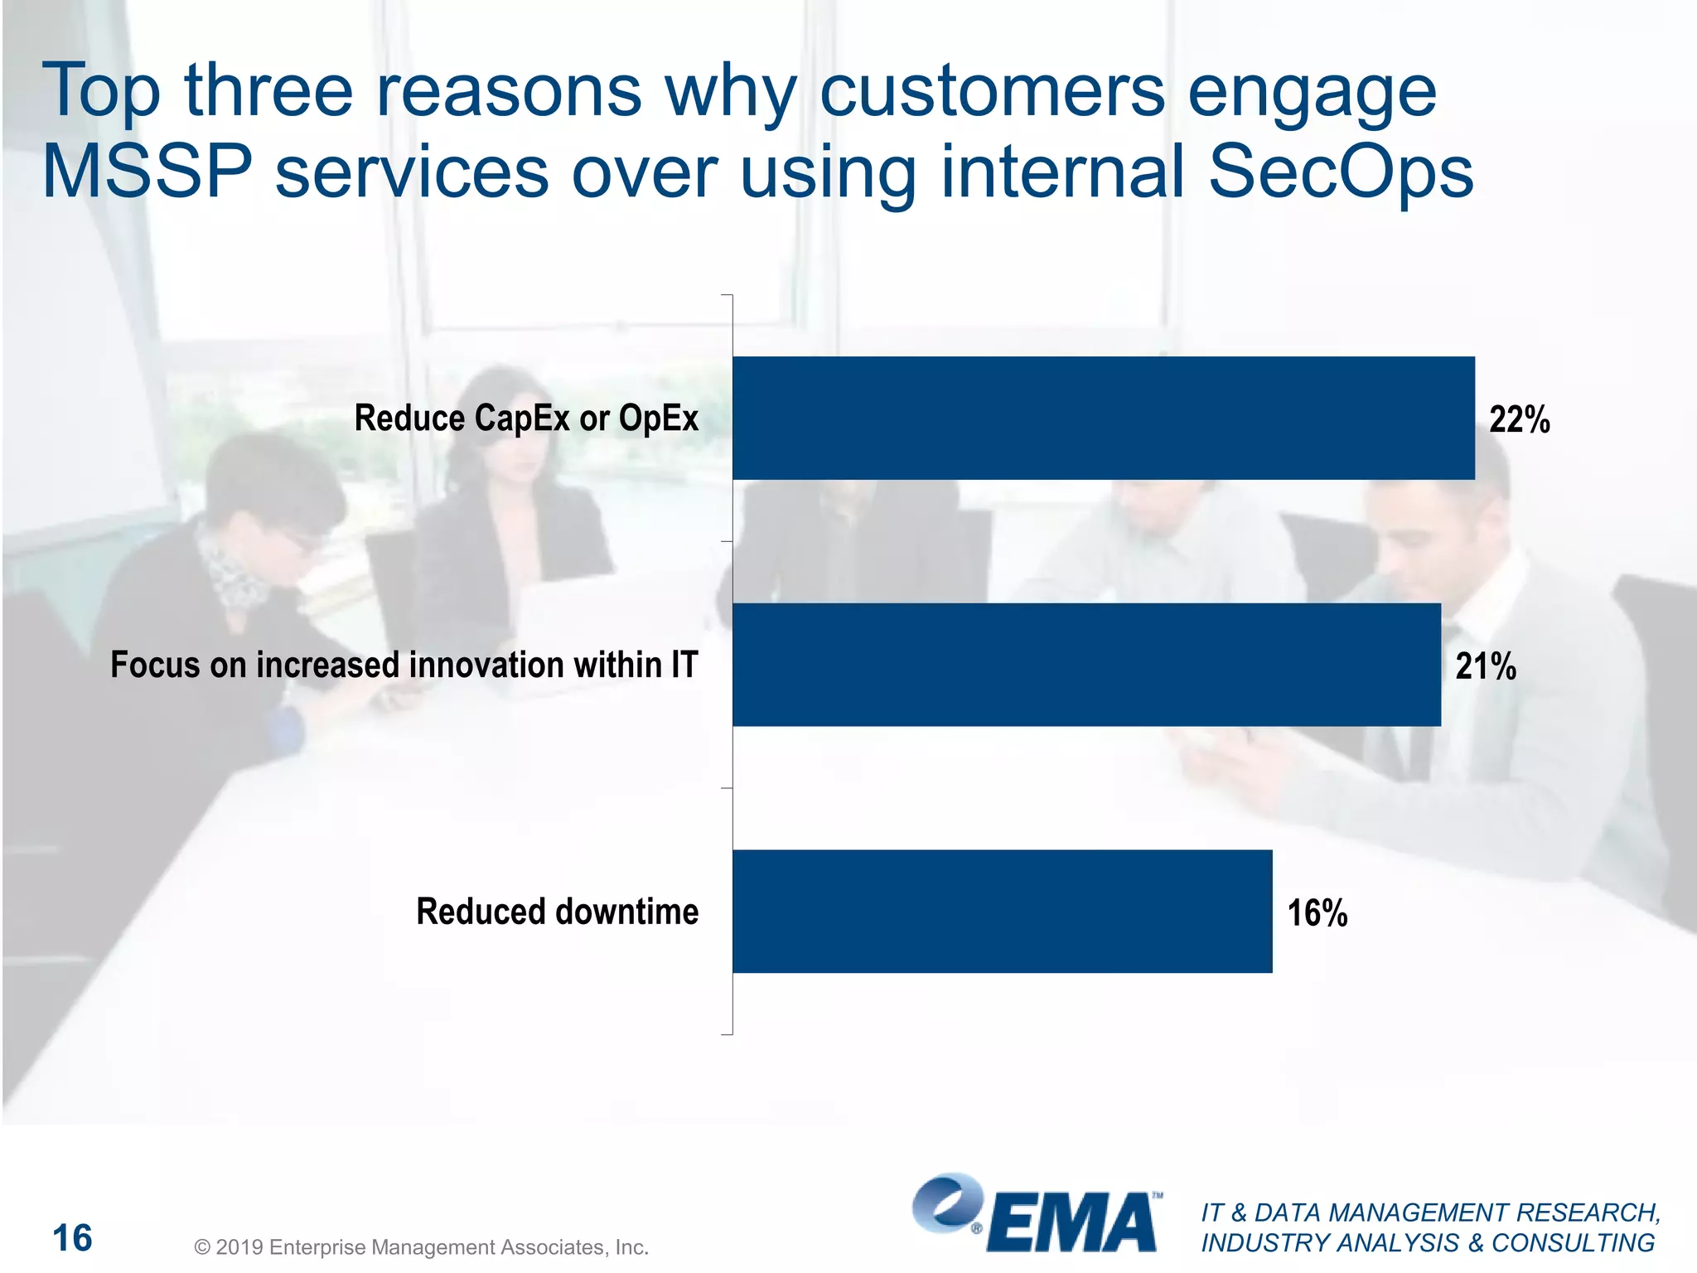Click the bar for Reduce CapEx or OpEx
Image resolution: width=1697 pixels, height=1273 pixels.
1103,418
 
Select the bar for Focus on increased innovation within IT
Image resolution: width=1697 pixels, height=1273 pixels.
1086,665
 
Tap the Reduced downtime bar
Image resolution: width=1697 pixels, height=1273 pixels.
1002,911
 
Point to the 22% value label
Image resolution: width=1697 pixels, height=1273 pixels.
1519,419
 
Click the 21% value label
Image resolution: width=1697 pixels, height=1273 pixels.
1485,666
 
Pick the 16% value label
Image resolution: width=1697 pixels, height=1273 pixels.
1317,912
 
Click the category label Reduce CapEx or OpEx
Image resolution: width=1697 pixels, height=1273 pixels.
526,418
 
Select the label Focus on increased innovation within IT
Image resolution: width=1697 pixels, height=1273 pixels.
404,665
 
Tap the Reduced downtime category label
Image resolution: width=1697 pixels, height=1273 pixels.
557,911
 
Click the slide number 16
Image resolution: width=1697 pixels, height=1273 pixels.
72,1238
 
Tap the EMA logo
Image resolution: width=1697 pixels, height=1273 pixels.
1037,1214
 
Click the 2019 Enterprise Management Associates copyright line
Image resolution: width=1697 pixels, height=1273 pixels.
421,1246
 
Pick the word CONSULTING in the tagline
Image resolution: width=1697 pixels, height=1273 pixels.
1573,1243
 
